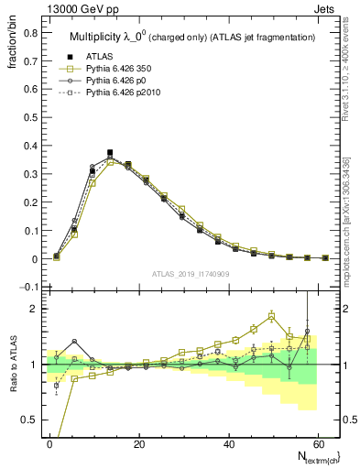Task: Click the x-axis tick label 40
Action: tap(227, 443)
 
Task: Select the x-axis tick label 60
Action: tap(316, 443)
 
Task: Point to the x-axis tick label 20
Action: tap(138, 443)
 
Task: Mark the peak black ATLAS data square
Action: tap(110, 153)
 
